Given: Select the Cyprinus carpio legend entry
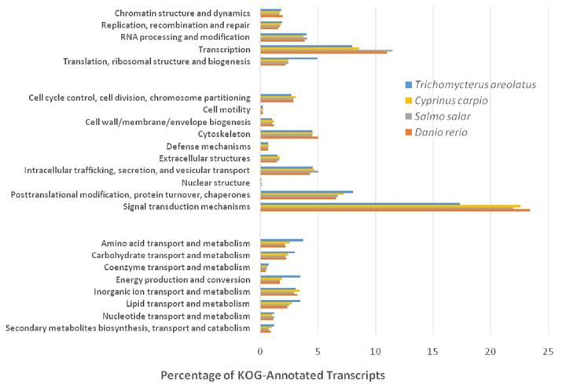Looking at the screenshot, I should tap(455, 100).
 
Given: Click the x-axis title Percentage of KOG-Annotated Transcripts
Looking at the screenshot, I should tap(273, 375).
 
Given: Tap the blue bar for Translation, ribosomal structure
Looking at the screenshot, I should tap(288, 57).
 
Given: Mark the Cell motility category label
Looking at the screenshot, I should tap(226, 109).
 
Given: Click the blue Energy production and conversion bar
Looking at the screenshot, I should tap(280, 276).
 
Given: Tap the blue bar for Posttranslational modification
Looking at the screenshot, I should tap(307, 191).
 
